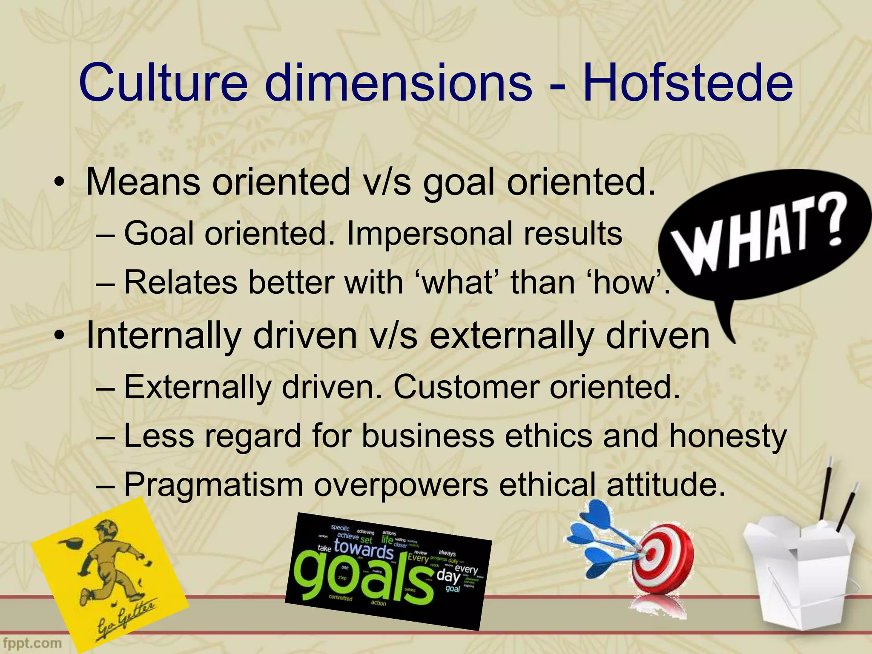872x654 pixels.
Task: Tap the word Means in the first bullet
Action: coord(143,182)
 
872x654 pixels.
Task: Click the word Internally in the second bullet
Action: coord(163,336)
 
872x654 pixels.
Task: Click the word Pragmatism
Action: coord(213,485)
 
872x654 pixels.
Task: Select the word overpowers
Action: coord(401,485)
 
